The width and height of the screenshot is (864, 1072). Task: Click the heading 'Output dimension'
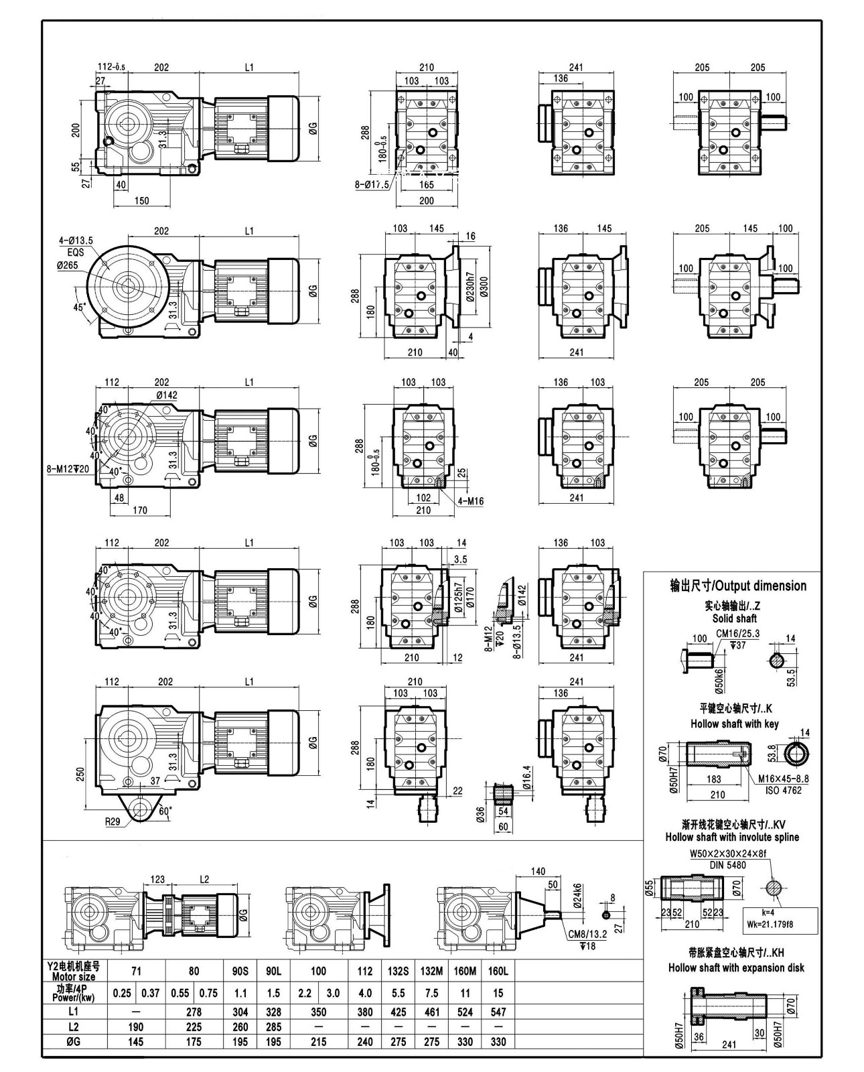coord(738,586)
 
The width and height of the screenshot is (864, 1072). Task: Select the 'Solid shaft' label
coord(735,618)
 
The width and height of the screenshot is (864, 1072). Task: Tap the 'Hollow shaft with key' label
coord(735,724)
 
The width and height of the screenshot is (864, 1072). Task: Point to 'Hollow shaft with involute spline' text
coord(732,837)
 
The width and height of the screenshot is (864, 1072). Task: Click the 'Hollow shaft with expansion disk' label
coord(736,967)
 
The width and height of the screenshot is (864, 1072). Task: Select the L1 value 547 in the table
coord(498,1012)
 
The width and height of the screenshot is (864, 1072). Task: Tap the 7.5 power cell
coord(431,993)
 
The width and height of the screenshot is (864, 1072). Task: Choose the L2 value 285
coord(273,1026)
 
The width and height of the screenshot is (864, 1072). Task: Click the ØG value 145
coord(136,1042)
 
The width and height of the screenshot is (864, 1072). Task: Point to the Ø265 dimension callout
coord(68,265)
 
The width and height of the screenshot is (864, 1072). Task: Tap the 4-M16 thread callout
coord(471,500)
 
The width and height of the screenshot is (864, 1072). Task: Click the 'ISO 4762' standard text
coord(783,790)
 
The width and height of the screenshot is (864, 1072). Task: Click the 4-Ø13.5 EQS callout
coord(76,246)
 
